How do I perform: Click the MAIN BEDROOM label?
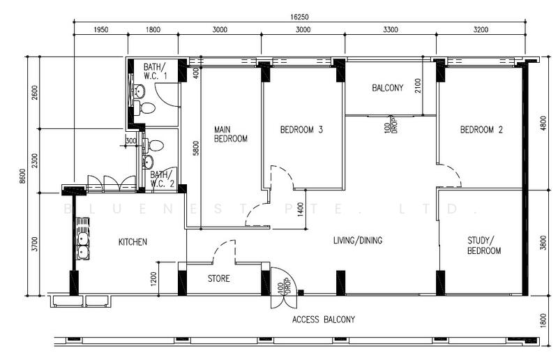coord(231,134)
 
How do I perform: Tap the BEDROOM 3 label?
coord(301,130)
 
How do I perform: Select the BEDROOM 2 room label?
coord(481,130)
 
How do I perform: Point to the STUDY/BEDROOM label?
coord(484,246)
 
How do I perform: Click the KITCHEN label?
coord(133,242)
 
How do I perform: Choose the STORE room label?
coord(219,278)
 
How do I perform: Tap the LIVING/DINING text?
coord(358,241)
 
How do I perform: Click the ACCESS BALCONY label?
coord(324,320)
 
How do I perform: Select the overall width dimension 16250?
coord(299,17)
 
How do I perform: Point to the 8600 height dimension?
coord(23,177)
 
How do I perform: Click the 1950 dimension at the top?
coord(100,29)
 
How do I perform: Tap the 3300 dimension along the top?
coord(391,29)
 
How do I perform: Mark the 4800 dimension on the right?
coord(543,123)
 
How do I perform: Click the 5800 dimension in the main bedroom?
coord(196,148)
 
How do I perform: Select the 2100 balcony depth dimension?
coord(418,86)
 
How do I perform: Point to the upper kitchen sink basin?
coord(83,238)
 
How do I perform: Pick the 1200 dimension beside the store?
coord(153,279)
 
